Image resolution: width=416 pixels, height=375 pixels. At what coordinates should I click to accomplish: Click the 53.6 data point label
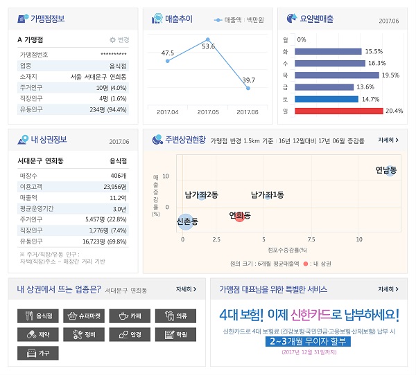[208, 46]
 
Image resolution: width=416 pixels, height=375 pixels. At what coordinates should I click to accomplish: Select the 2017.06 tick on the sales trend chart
[248, 111]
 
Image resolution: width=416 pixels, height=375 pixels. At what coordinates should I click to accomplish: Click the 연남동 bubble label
[386, 170]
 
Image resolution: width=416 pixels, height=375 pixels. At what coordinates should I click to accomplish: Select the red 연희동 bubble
[240, 216]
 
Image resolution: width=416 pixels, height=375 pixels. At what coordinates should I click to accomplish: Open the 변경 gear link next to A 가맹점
[119, 40]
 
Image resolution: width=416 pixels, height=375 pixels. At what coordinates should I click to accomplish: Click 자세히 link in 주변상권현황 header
[388, 140]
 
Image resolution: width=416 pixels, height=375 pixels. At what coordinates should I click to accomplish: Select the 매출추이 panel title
[178, 19]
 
